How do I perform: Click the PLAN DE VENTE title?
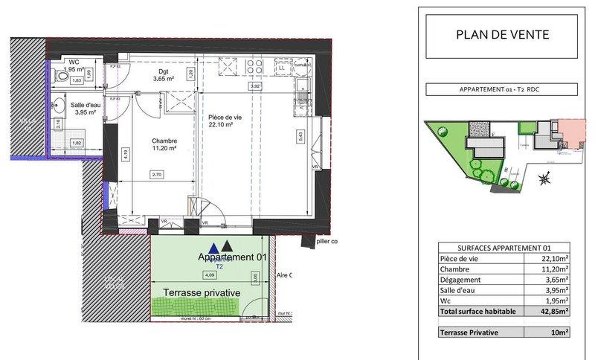[503, 35]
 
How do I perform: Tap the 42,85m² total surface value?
[554, 312]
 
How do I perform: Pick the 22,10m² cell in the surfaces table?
[554, 257]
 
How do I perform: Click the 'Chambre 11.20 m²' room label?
[149, 144]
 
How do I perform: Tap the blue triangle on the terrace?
[214, 248]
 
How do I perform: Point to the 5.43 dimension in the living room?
[300, 136]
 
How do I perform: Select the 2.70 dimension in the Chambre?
[156, 174]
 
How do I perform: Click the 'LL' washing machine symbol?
[283, 68]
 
